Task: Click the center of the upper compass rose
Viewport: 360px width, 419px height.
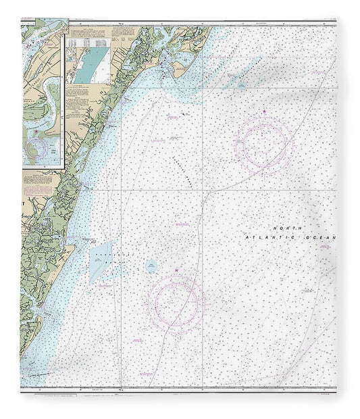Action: point(263,144)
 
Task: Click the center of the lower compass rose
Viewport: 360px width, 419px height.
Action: point(177,299)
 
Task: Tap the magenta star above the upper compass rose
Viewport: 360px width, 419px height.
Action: point(264,111)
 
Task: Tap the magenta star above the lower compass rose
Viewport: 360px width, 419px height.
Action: point(177,270)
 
